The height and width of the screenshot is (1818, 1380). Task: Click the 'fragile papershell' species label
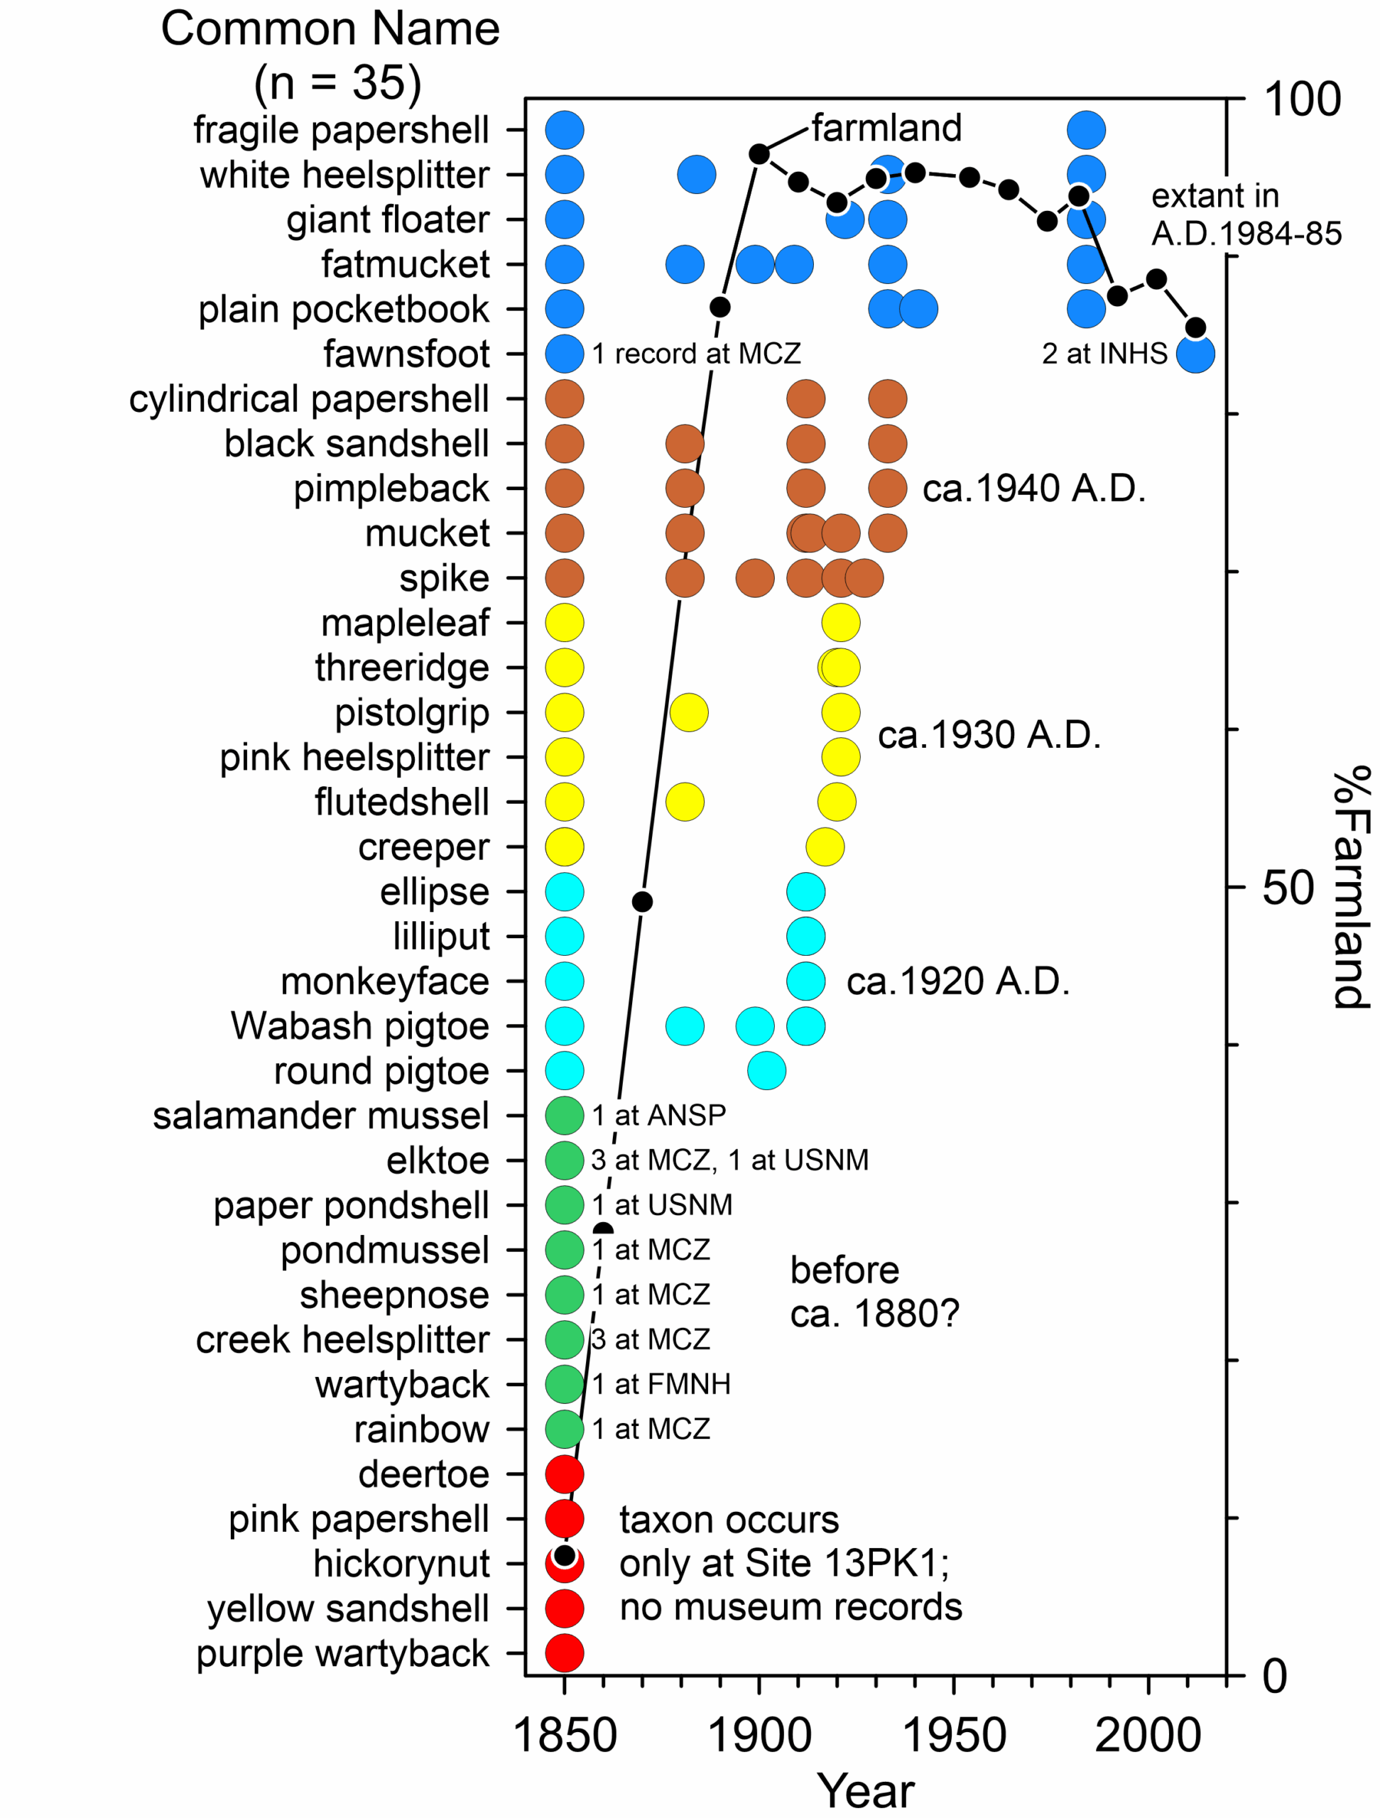click(341, 130)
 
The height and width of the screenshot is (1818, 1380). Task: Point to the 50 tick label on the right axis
click(1287, 888)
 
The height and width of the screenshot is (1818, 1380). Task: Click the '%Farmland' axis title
click(1349, 888)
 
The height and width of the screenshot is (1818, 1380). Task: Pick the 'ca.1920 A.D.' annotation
click(958, 981)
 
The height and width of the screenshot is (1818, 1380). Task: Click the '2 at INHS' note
click(1104, 354)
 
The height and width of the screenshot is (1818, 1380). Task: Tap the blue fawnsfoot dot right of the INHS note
click(1195, 355)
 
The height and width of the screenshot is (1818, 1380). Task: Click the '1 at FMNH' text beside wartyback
click(662, 1384)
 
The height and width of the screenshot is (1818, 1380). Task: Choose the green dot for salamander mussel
click(565, 1115)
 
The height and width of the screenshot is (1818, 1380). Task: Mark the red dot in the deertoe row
click(565, 1474)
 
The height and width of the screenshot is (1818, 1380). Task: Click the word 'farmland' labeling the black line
click(887, 129)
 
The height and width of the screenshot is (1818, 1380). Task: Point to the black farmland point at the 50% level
click(642, 902)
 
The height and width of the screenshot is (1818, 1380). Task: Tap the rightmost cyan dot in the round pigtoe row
click(767, 1071)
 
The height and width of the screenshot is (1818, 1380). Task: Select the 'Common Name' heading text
click(330, 29)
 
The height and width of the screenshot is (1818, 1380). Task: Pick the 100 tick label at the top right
click(1302, 99)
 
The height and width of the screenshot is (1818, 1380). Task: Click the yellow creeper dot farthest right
click(825, 847)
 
